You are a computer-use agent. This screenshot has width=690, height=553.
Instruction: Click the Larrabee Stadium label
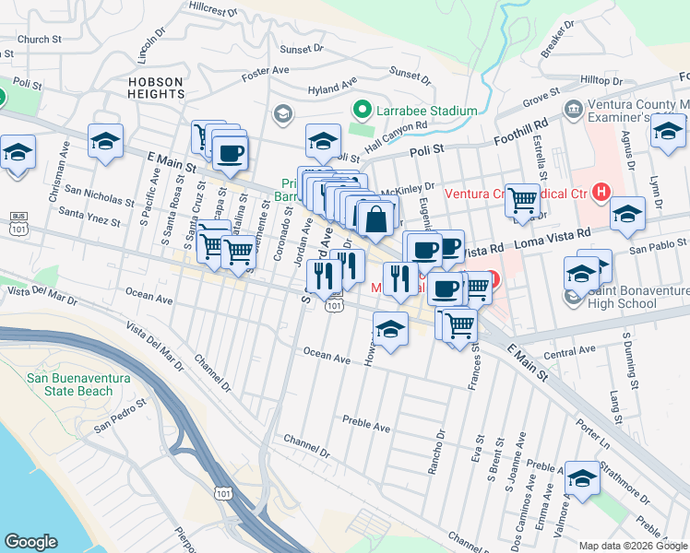426,111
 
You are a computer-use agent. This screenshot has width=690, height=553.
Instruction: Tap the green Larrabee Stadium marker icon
363,111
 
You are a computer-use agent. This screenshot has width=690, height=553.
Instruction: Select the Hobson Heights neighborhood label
156,88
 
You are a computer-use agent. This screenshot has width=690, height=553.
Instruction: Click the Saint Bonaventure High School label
636,298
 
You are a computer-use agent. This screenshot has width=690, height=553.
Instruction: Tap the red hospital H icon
601,193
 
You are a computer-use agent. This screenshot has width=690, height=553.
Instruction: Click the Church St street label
39,40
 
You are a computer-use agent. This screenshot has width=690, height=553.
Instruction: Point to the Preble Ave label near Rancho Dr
366,425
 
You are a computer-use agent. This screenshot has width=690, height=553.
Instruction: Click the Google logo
30,542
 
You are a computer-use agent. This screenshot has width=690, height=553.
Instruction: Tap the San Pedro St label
119,414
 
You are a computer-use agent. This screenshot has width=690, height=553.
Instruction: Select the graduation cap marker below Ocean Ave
390,328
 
